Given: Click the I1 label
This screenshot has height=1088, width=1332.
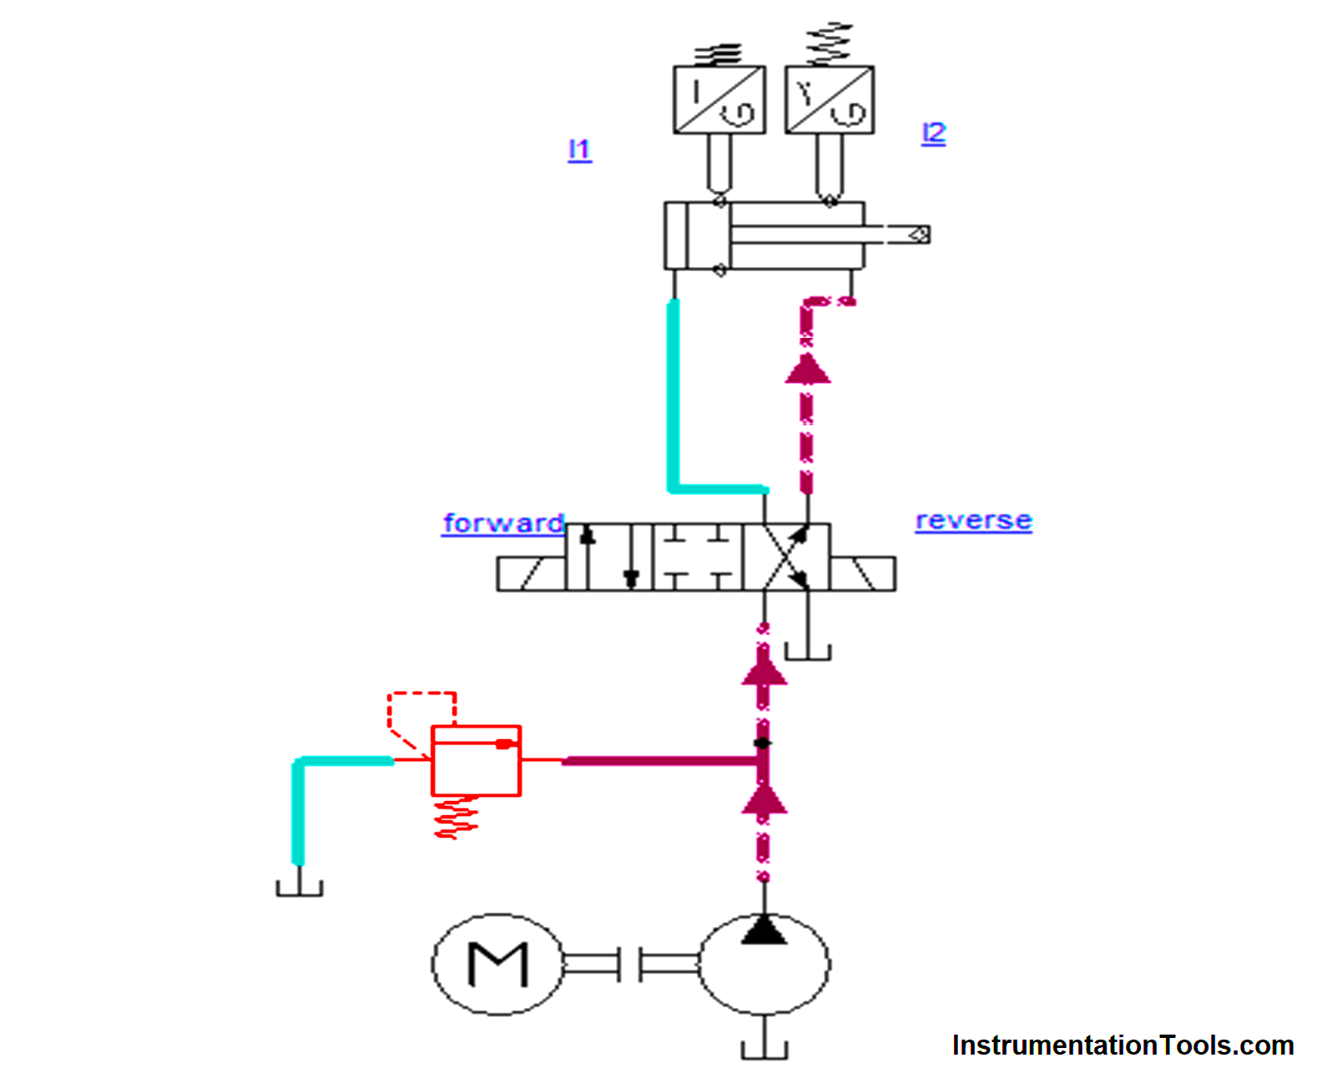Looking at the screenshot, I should [x=579, y=150].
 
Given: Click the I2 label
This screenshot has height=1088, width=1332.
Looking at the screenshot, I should [x=933, y=133].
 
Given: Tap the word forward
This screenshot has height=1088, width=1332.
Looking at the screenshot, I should [x=503, y=523].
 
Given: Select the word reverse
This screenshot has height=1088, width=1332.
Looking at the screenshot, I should [x=973, y=521].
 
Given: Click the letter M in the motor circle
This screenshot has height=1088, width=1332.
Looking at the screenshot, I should [x=498, y=965].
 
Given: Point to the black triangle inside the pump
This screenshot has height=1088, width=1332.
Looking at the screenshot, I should [x=764, y=930].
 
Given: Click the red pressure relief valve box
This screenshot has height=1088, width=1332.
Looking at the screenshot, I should [x=476, y=761].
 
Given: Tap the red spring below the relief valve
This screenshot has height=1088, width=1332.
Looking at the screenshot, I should [x=456, y=818].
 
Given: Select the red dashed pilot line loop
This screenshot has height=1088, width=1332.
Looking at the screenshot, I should [x=421, y=709].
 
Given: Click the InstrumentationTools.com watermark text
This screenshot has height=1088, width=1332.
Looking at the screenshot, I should [x=1123, y=1045].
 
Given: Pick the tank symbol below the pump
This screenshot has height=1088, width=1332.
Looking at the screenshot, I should [x=764, y=1050].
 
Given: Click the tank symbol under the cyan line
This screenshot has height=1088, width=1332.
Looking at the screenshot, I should [x=300, y=887].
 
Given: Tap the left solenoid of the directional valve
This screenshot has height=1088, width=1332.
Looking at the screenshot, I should [x=531, y=574].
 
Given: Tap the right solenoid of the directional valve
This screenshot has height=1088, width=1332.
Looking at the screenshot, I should [x=862, y=574].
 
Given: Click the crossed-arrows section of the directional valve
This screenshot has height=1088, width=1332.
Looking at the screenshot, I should [x=785, y=557].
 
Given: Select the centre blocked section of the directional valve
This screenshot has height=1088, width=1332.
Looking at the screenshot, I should [x=697, y=557].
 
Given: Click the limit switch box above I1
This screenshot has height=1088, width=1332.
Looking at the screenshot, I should [x=719, y=99].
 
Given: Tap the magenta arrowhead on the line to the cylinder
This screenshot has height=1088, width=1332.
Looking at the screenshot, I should [x=807, y=369].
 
